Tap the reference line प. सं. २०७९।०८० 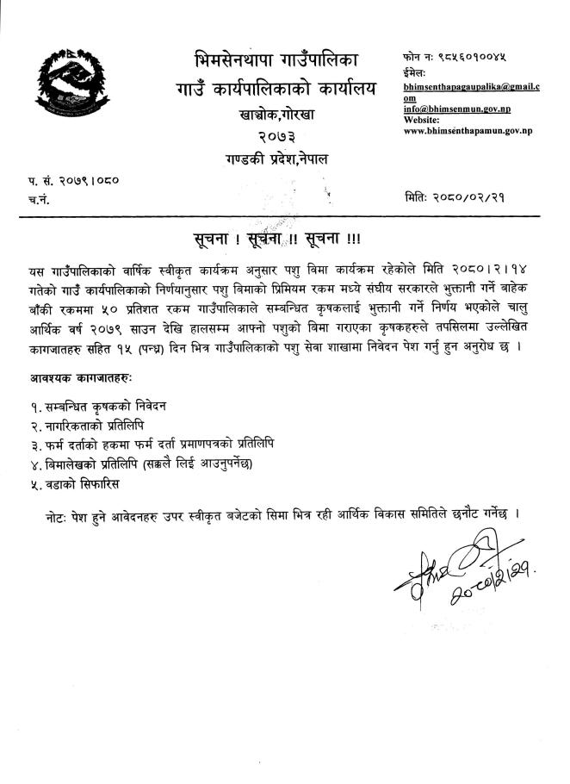pos(73,182)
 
